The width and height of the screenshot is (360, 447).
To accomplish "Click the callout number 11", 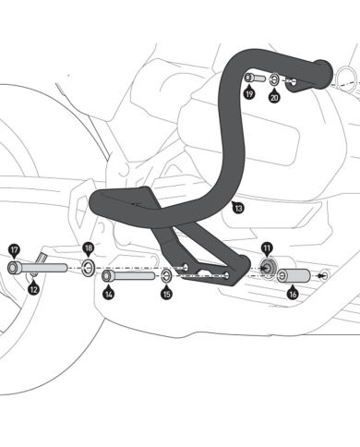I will tap(266, 248).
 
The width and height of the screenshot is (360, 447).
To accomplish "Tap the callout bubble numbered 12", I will tap(33, 289).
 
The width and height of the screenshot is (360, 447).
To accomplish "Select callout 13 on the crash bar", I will tap(238, 210).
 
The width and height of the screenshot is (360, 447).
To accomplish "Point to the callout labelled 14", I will tap(108, 294).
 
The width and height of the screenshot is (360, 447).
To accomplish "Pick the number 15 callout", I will tap(166, 294).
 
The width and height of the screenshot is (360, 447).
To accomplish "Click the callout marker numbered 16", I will tap(293, 294).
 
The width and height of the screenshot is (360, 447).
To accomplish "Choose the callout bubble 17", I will tap(14, 248).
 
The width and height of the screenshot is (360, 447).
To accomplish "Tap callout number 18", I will tap(88, 248).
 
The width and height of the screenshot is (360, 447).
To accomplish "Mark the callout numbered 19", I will tap(249, 94).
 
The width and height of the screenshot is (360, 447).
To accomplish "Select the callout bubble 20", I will tap(274, 96).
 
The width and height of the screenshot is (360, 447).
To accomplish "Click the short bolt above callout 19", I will tap(254, 78).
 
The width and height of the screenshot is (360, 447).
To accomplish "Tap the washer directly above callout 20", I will tap(275, 79).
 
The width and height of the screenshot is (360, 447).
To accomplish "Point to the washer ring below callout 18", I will tap(88, 268).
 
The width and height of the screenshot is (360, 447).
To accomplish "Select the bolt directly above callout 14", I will tap(129, 275).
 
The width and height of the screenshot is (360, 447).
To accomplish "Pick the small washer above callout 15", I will tap(165, 275).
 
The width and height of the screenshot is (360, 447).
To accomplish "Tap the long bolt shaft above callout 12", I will tap(42, 268).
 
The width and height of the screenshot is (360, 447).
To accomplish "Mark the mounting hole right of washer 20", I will tap(291, 80).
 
